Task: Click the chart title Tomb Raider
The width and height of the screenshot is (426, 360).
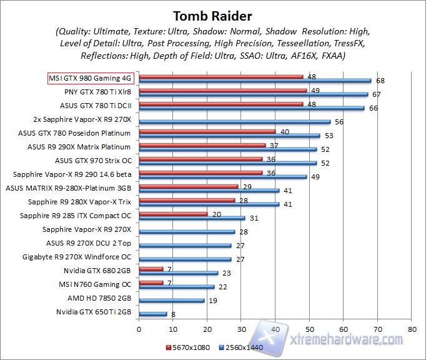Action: pyautogui.click(x=213, y=14)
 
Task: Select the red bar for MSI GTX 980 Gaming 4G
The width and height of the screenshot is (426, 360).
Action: pyautogui.click(x=221, y=77)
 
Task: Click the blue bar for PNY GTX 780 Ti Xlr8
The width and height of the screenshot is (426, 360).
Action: pyautogui.click(x=253, y=94)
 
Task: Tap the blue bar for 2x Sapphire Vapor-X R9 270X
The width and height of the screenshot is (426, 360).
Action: pyautogui.click(x=234, y=122)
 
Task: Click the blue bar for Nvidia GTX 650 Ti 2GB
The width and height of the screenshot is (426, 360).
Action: pyautogui.click(x=153, y=314)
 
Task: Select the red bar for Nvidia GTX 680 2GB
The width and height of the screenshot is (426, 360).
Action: pyautogui.click(x=151, y=269)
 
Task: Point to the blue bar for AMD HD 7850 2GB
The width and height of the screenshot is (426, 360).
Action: pyautogui.click(x=172, y=301)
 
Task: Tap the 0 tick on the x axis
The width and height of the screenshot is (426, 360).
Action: pyautogui.click(x=139, y=328)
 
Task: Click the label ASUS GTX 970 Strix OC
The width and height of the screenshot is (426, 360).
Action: pyautogui.click(x=97, y=161)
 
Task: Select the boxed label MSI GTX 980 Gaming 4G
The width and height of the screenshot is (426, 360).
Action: pyautogui.click(x=91, y=79)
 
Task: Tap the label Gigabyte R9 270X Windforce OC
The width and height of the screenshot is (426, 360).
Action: pyautogui.click(x=77, y=257)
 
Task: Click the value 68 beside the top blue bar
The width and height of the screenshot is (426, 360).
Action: pyautogui.click(x=380, y=81)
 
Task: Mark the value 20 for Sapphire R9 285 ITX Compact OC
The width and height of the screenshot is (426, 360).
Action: pyautogui.click(x=217, y=213)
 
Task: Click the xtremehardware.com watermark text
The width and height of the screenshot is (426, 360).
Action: pyautogui.click(x=347, y=339)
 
